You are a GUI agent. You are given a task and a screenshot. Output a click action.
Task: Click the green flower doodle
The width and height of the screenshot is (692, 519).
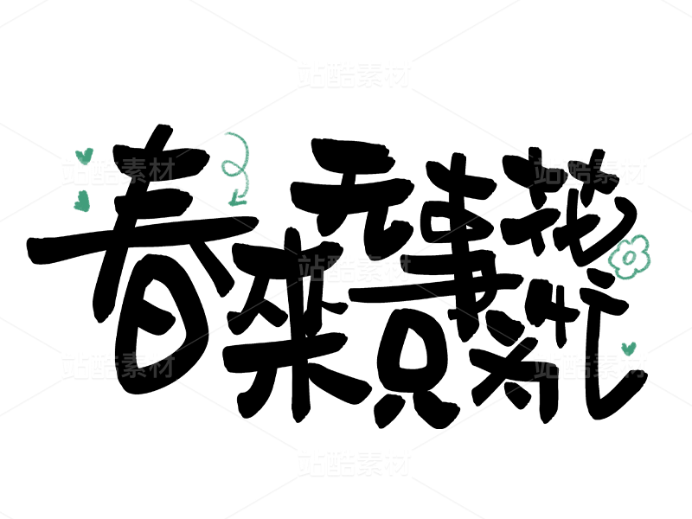(x=629, y=257)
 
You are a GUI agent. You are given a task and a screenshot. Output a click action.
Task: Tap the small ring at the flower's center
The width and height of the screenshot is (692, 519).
(x=629, y=258)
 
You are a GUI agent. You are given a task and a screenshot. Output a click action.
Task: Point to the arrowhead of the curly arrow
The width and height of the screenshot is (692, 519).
(x=234, y=202)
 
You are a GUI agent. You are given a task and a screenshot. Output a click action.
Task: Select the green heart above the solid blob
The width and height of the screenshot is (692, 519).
(x=84, y=156)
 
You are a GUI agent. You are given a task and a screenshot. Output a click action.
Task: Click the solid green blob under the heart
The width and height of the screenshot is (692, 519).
(x=81, y=202)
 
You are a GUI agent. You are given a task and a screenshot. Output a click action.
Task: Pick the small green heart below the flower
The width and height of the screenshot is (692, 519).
(x=629, y=349)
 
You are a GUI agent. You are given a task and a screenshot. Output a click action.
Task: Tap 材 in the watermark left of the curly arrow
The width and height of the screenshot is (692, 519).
(x=162, y=171)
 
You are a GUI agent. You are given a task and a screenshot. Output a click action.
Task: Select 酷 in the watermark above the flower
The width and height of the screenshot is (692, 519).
(x=576, y=171)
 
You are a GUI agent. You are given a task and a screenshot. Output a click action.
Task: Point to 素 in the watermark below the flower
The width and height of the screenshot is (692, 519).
(x=605, y=365)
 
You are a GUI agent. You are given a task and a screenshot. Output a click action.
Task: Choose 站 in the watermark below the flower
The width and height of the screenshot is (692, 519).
(x=548, y=365)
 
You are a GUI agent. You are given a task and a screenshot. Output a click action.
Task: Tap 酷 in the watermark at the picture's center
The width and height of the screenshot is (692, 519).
(x=340, y=268)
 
